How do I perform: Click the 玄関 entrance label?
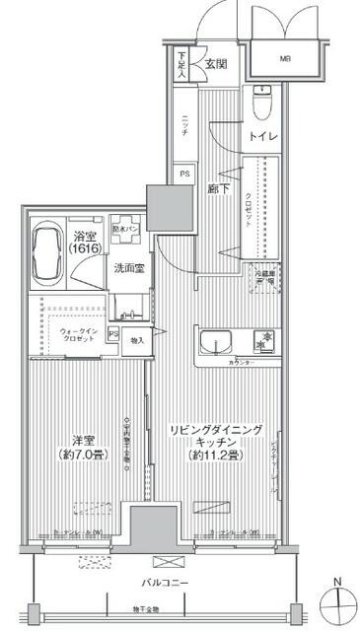tap(217, 64)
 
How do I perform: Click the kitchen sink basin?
tap(214, 344)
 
